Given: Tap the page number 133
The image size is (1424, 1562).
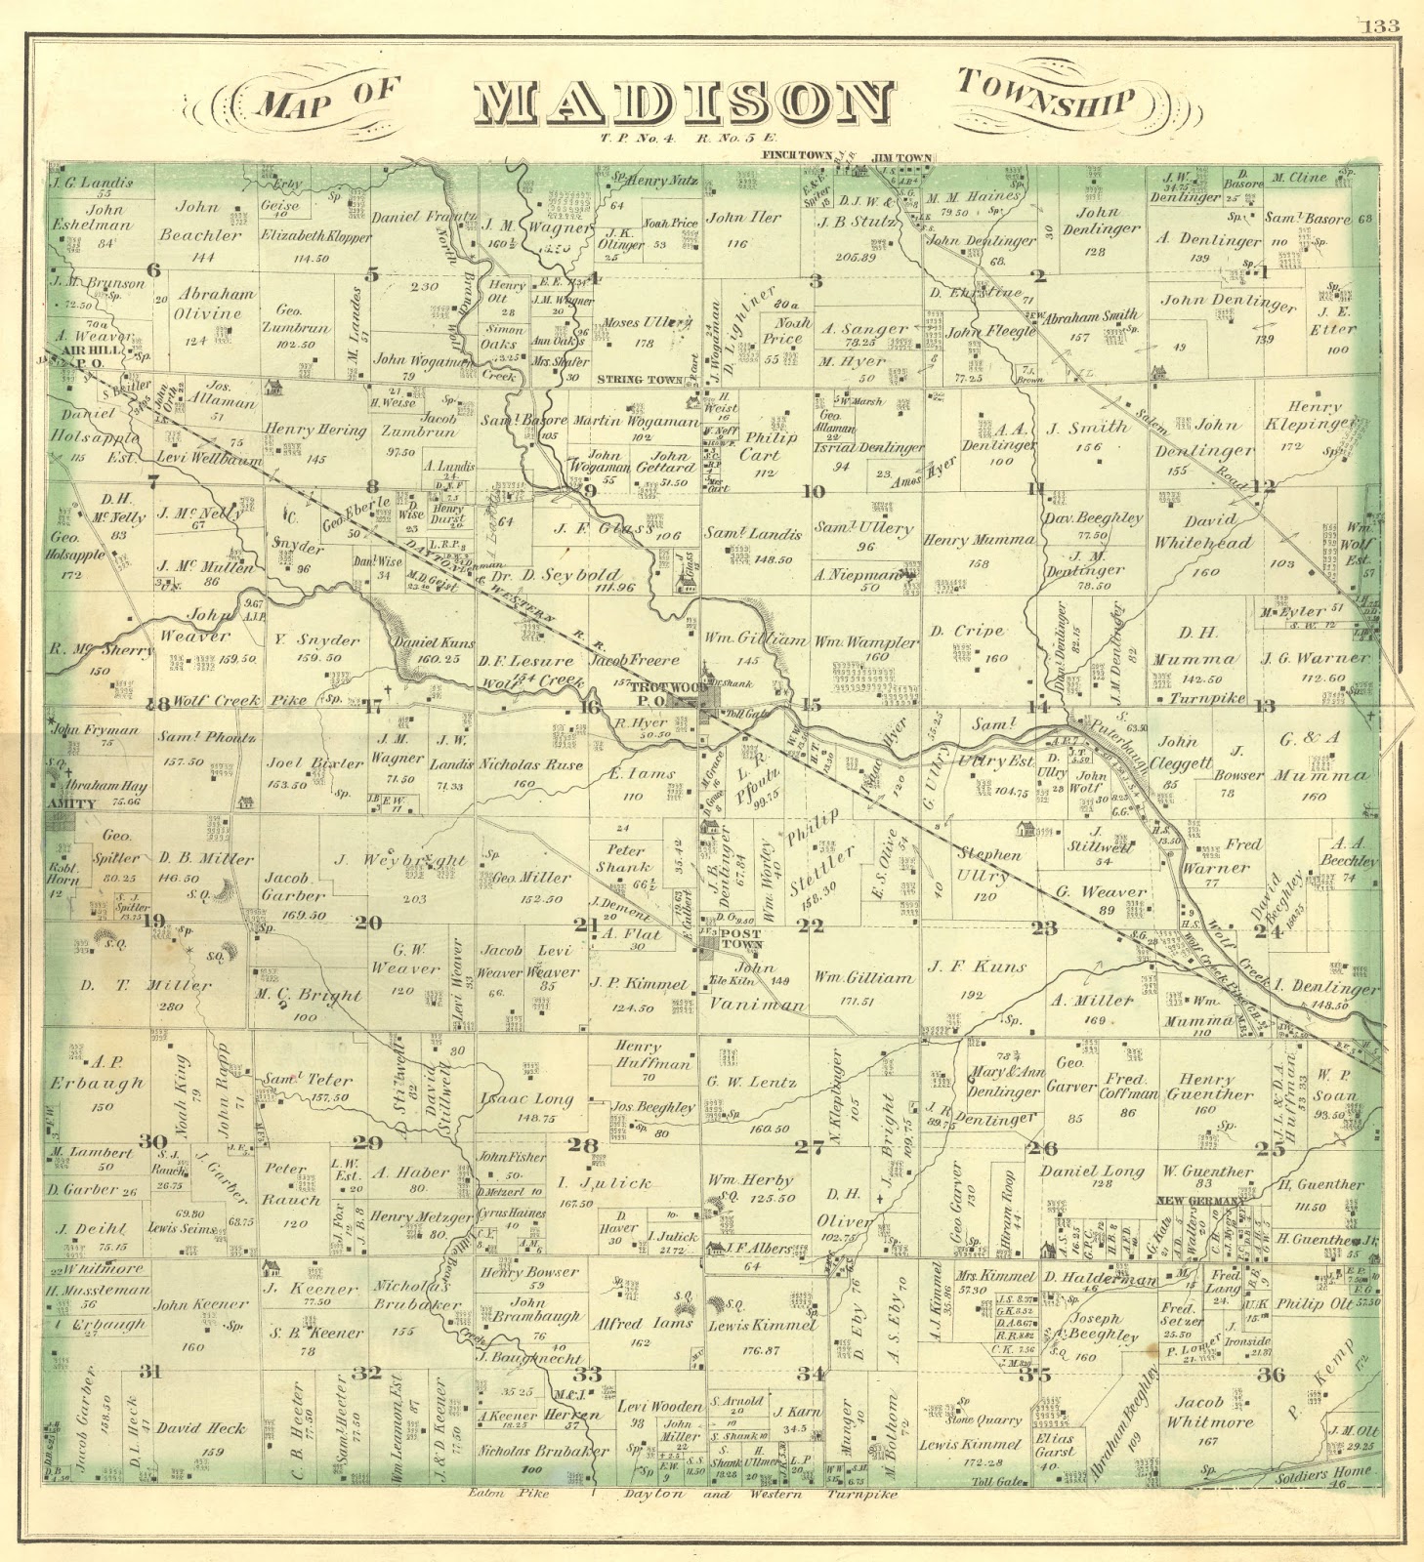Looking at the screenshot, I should point(1382,26).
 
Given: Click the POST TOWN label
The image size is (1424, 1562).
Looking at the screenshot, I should point(741,938).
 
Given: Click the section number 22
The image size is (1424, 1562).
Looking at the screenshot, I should point(810,925).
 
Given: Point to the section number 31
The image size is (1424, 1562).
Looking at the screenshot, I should point(148,1371).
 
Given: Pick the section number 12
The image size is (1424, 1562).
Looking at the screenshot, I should point(1264,485).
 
